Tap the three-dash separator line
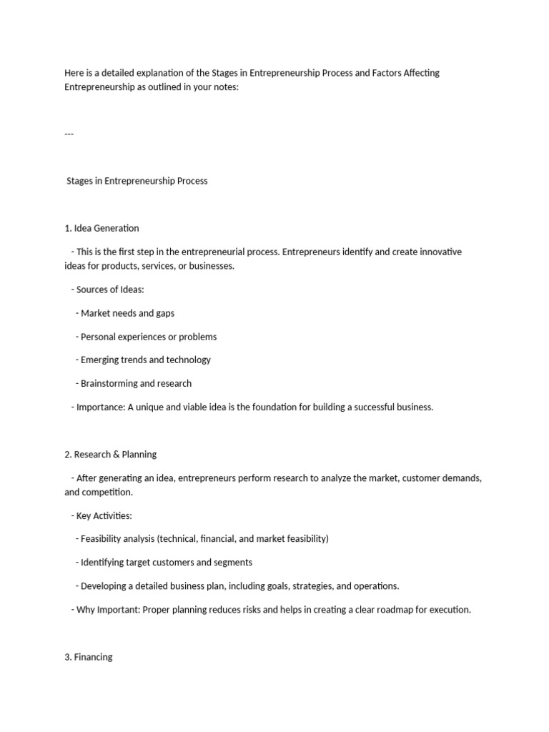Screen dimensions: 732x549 69,134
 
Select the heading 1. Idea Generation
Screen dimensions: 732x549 102,228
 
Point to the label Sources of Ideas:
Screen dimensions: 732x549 110,290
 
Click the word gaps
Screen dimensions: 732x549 164,313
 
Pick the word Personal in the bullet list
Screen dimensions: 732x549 99,337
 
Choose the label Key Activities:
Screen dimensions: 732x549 104,515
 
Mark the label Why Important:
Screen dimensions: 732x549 110,610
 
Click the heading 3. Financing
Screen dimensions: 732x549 89,657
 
